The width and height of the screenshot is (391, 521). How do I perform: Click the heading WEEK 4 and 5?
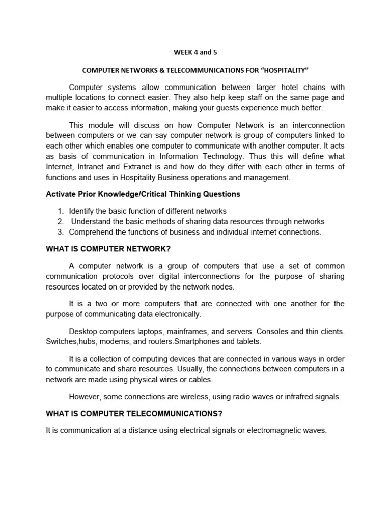pyautogui.click(x=195, y=52)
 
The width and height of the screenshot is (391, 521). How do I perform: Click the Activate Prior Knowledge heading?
pyautogui.click(x=143, y=194)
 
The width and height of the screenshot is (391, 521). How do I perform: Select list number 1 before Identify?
pyautogui.click(x=60, y=211)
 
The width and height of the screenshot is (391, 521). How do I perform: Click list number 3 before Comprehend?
pyautogui.click(x=60, y=232)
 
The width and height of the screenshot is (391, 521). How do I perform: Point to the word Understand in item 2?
pyautogui.click(x=91, y=221)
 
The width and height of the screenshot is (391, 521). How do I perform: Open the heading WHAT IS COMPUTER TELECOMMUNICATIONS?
pyautogui.click(x=134, y=414)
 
